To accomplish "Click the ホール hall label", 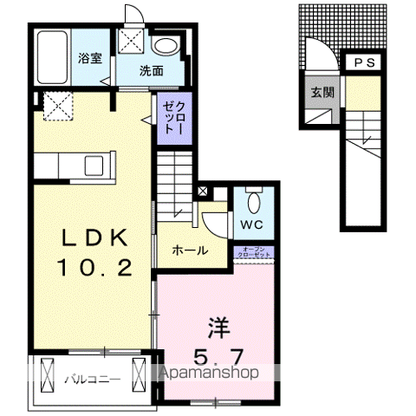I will click(190, 250).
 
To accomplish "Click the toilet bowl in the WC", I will click(252, 202).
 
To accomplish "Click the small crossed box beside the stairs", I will click(202, 191).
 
